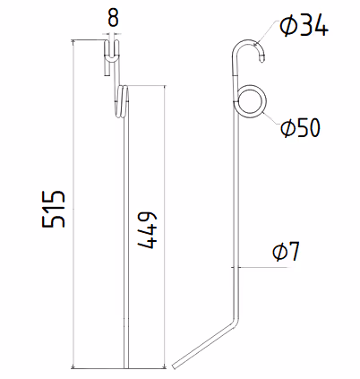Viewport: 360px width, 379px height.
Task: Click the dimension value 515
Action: pos(53,208)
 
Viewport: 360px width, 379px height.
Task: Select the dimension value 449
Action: pos(147,230)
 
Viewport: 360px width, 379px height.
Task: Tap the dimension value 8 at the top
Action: pos(113,18)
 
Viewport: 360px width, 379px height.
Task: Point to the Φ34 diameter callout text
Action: pos(304,26)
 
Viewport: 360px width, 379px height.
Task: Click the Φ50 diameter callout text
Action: pos(300,127)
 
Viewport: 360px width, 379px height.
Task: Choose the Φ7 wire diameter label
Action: pos(286,252)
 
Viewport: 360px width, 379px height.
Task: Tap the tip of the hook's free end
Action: pos(261,61)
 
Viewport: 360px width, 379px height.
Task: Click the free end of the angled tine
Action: pos(175,366)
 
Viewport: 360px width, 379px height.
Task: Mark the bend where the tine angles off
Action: pos(236,321)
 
